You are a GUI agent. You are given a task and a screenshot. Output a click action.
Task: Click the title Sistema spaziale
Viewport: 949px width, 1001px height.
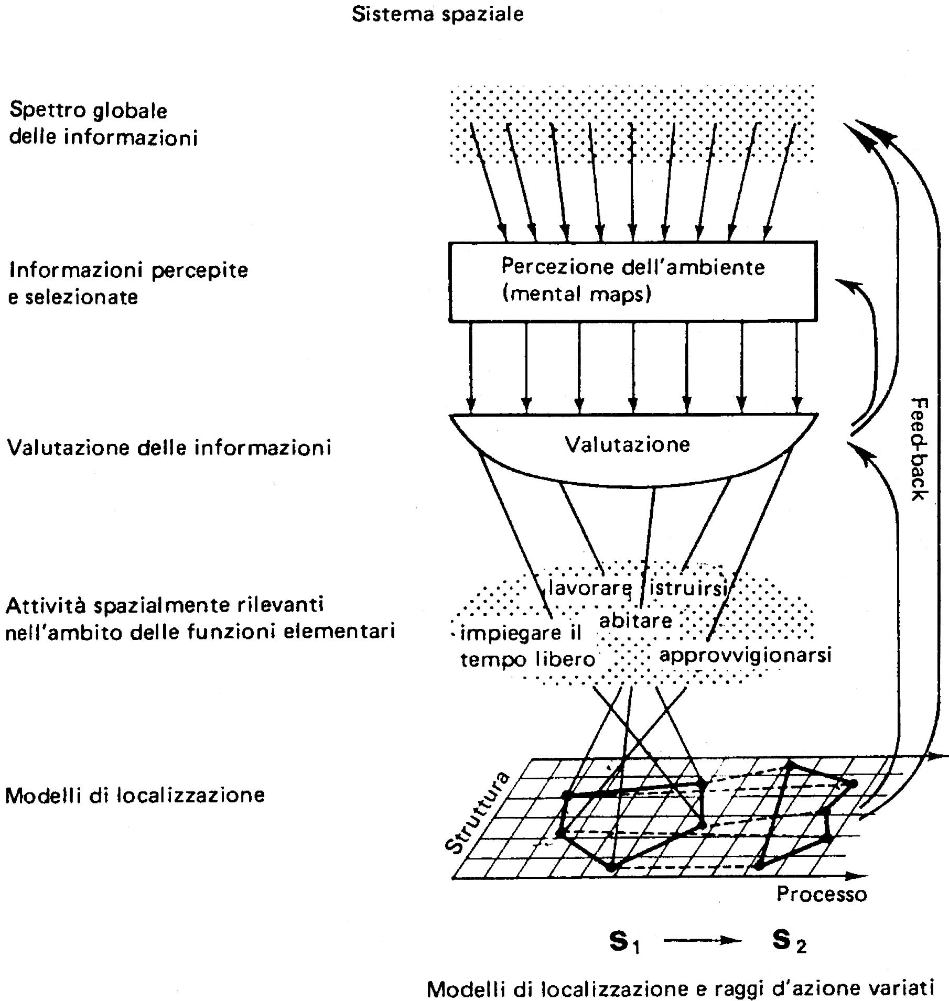click(437, 14)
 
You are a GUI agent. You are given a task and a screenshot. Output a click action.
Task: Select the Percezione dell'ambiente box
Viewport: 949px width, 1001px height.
click(632, 281)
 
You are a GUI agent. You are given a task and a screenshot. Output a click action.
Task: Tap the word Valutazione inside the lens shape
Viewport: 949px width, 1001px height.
click(627, 444)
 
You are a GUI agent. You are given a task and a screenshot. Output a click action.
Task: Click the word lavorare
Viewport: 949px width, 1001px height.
click(590, 588)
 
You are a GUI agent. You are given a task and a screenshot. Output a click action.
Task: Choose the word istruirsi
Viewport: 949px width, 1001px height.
click(687, 588)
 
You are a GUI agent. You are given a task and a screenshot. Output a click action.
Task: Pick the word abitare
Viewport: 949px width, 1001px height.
click(635, 621)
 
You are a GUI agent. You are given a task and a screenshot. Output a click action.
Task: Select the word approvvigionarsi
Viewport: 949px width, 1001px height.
click(745, 655)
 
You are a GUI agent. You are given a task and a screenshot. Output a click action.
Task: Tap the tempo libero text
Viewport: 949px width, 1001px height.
click(527, 659)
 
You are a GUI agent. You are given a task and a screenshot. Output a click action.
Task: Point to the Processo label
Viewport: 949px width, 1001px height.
click(821, 894)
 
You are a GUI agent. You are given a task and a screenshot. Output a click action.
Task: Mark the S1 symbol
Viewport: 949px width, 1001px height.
click(624, 942)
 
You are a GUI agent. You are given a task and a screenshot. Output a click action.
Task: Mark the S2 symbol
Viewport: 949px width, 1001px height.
click(789, 942)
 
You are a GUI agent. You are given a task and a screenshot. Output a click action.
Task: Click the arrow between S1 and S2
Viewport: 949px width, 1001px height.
click(703, 941)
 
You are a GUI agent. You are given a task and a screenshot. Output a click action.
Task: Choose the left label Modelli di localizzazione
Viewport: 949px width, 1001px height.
click(135, 795)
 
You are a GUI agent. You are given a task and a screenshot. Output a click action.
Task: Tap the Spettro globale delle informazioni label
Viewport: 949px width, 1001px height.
click(103, 124)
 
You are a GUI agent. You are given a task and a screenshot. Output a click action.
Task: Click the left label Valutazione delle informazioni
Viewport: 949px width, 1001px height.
click(169, 448)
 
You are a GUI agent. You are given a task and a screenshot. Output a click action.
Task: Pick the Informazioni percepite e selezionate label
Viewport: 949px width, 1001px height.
click(127, 283)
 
